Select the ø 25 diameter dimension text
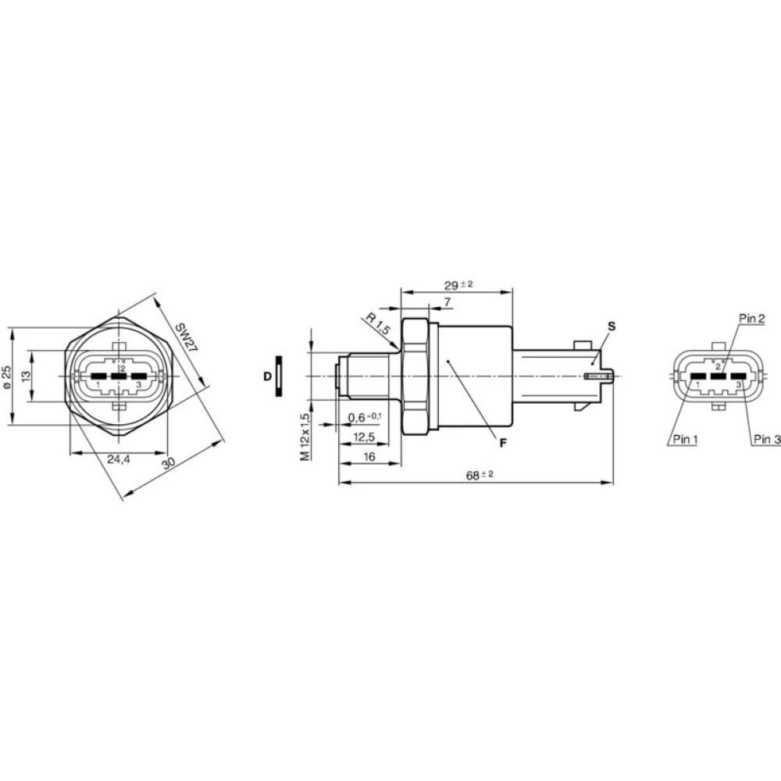click(x=6, y=376)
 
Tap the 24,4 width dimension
click(x=119, y=459)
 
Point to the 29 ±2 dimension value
click(x=458, y=285)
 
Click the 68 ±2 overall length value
click(x=480, y=475)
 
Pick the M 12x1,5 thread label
click(x=306, y=437)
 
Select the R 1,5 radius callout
click(x=377, y=323)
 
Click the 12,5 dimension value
click(x=364, y=437)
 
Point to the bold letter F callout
click(x=504, y=443)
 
